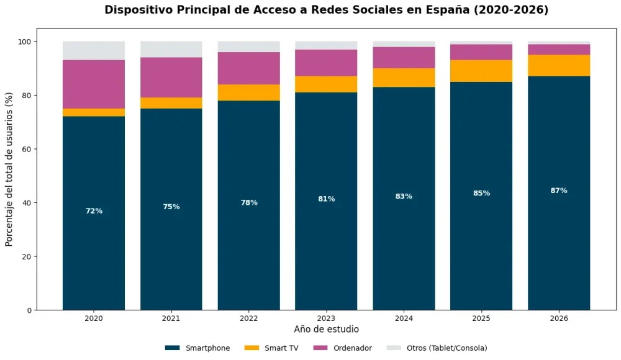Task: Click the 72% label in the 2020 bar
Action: [x=94, y=211]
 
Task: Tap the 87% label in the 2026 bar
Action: [x=559, y=191]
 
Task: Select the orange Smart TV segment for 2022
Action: [x=248, y=92]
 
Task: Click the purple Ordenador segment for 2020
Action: [x=94, y=84]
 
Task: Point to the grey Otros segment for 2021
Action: [x=171, y=50]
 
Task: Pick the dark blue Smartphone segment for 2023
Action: [x=326, y=248]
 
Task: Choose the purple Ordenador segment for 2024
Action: [x=404, y=58]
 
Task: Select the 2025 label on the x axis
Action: [x=481, y=318]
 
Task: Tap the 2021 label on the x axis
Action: [x=171, y=318]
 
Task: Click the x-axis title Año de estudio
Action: [x=326, y=329]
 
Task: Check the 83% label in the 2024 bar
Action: [x=404, y=196]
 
